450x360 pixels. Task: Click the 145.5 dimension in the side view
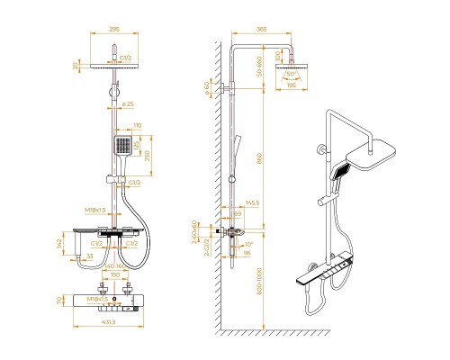tap(253, 203)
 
